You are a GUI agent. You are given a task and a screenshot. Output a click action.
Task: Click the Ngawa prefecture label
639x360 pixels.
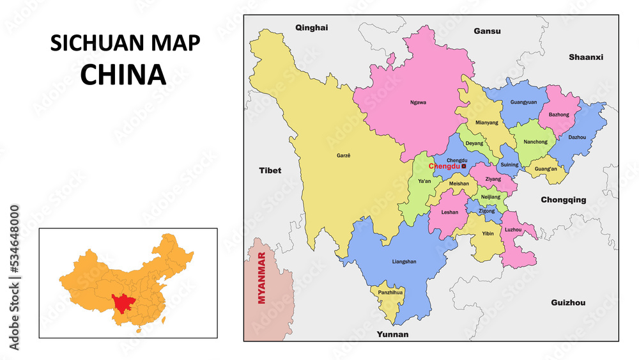(x=418, y=102)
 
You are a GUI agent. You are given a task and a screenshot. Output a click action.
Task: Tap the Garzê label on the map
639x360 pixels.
(x=344, y=155)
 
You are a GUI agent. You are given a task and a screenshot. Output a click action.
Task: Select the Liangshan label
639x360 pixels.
(x=404, y=262)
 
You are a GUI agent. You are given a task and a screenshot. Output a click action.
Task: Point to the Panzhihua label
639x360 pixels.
(x=389, y=292)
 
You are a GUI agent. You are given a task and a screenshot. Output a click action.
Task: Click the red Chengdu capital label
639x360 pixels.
(x=444, y=166)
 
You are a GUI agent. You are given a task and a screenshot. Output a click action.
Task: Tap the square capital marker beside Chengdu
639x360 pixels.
(x=464, y=166)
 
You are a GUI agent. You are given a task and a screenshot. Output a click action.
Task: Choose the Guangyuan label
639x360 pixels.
(x=523, y=102)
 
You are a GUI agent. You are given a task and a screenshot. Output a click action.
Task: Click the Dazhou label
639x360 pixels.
(x=576, y=137)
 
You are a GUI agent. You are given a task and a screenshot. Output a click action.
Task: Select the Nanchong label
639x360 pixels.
(x=535, y=142)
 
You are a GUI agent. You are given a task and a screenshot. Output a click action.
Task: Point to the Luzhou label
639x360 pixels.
(x=513, y=230)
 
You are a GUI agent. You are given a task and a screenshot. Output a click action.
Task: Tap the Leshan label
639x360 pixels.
(x=450, y=212)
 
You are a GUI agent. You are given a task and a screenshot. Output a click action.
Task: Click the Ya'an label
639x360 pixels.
(x=424, y=181)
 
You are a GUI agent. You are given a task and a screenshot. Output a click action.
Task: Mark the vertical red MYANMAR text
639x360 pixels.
(x=261, y=286)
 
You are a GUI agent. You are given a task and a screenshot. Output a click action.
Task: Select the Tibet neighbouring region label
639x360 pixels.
(x=270, y=171)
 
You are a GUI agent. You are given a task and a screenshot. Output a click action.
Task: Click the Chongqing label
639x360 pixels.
(x=563, y=200)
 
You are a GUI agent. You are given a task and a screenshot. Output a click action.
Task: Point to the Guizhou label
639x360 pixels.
(x=568, y=302)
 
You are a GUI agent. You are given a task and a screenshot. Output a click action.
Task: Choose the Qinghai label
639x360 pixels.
(x=311, y=27)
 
